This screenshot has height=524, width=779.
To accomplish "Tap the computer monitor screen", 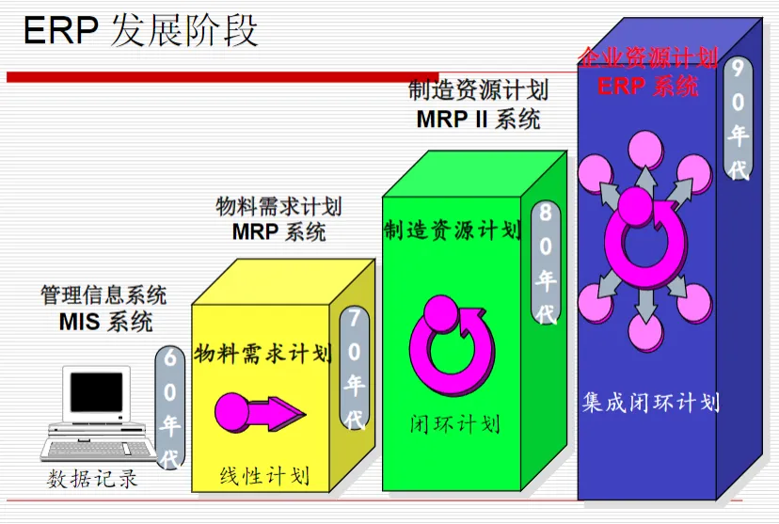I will pos(96,393).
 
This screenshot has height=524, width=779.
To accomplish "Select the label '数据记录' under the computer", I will pos(93,480).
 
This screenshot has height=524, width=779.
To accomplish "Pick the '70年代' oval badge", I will pos(355,367).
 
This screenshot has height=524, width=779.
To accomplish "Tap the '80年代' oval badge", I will pos(545,263).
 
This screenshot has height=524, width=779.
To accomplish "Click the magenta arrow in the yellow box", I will pos(259,412).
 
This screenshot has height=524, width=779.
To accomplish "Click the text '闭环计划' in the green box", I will pos(454,424).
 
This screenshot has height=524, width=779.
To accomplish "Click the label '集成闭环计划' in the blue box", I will pos(650,404).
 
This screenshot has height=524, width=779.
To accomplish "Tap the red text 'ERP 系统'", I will pos(648,87).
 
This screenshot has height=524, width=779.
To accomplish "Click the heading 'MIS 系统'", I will pos(105,322).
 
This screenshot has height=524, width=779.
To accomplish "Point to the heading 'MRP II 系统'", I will pos(478,119).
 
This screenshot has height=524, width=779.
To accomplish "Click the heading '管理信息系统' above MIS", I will pos(103,295).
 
